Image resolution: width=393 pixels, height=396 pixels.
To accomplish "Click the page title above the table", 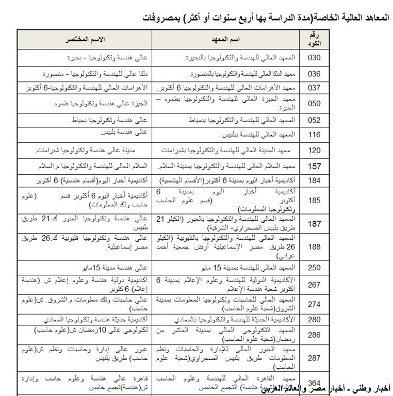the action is pos(265,17).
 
